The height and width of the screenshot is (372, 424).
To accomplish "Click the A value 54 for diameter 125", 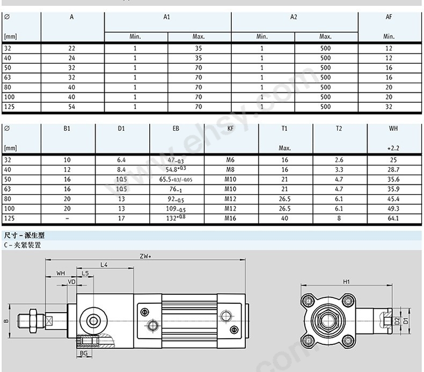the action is pyautogui.click(x=71, y=107).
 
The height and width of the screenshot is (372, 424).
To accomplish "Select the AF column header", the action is pyautogui.click(x=389, y=17).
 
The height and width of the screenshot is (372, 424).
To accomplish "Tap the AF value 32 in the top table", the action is pyautogui.click(x=389, y=107).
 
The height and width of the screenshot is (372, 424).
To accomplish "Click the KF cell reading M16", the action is pyautogui.click(x=230, y=218).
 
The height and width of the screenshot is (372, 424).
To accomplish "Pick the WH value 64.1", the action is pyautogui.click(x=393, y=218).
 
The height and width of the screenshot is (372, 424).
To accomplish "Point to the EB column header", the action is pyautogui.click(x=176, y=129).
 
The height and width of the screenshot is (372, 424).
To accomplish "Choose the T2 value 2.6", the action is pyautogui.click(x=339, y=160).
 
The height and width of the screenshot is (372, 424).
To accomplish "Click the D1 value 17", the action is pyautogui.click(x=121, y=218).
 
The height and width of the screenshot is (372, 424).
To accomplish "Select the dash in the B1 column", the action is pyautogui.click(x=67, y=218).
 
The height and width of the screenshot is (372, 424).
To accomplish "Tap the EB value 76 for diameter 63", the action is pyautogui.click(x=176, y=189).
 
